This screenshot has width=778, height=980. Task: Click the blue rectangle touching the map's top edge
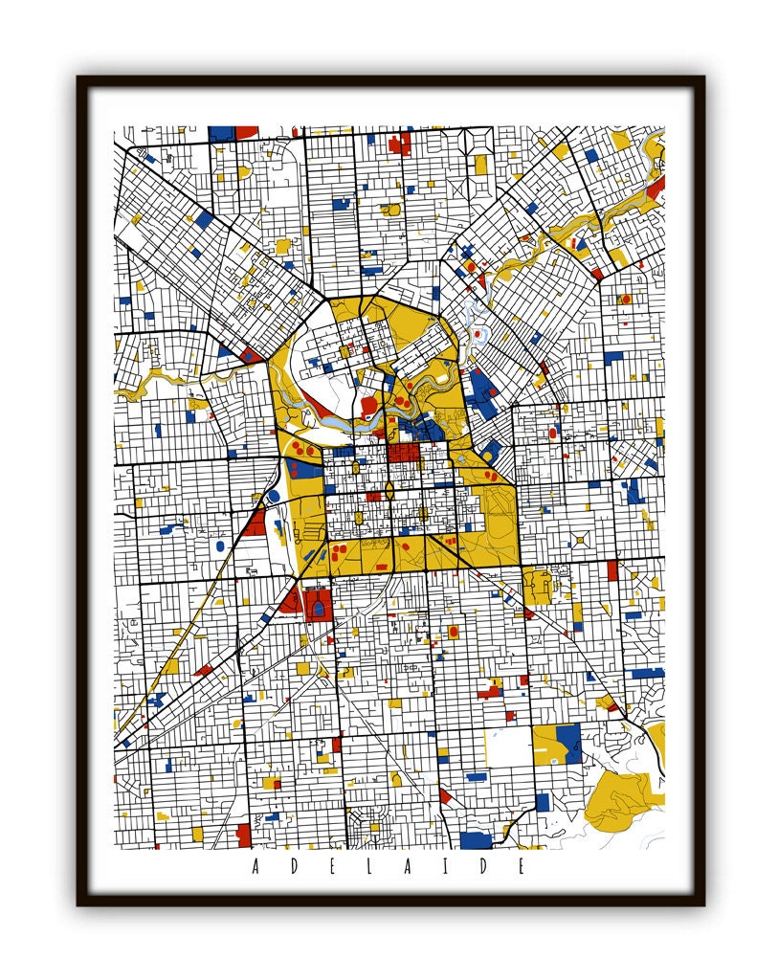(x=221, y=133)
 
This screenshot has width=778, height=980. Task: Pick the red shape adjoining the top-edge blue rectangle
(x=247, y=132)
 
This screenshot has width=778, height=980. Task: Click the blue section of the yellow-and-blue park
(x=567, y=742)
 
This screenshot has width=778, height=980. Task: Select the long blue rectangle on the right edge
(x=647, y=673)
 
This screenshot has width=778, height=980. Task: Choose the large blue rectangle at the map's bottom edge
(x=476, y=840)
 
